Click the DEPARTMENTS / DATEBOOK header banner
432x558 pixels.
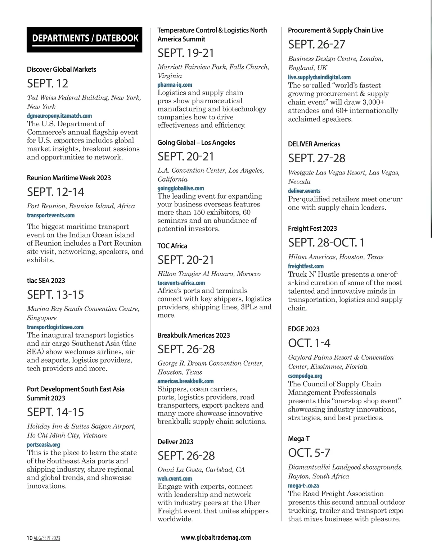85,39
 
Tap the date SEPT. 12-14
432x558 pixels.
55,192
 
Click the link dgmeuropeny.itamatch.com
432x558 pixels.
59,116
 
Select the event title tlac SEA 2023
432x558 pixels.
46,281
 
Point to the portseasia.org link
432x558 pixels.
44,445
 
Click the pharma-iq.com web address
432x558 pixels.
175,85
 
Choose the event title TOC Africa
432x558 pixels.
172,246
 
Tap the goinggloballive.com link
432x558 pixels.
181,188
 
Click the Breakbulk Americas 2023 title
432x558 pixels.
193,335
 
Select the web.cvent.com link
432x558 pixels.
175,478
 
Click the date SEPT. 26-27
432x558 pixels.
316,45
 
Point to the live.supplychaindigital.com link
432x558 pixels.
319,77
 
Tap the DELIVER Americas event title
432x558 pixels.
314,144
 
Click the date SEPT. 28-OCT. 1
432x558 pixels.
326,243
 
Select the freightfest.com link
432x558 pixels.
306,266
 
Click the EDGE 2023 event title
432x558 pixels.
303,329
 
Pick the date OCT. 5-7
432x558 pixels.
309,453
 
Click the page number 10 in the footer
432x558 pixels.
30,538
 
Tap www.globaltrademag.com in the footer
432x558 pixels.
216,537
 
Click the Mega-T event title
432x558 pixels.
298,439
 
